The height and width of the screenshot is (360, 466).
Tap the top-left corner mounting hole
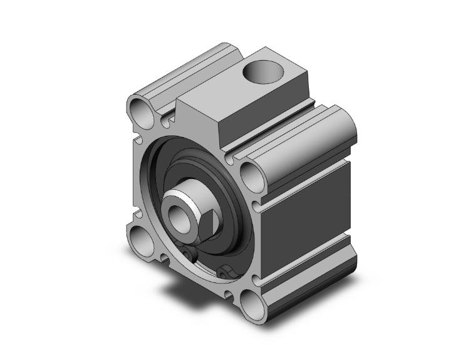(x=142, y=112)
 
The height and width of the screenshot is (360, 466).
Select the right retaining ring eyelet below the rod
(x=226, y=272)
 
